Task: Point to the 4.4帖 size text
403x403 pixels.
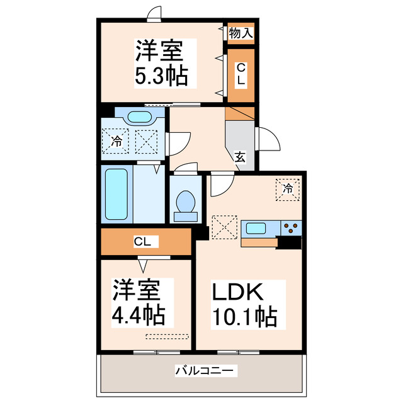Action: (139, 312)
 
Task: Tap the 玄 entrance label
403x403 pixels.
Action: (241, 157)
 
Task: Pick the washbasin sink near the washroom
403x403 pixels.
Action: (139, 117)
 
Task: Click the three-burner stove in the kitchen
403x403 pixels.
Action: (291, 227)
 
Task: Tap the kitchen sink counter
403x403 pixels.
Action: (259, 228)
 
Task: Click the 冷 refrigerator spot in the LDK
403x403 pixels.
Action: (288, 188)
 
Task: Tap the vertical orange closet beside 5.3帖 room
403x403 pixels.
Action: (241, 75)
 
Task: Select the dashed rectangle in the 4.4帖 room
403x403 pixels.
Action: (166, 336)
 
